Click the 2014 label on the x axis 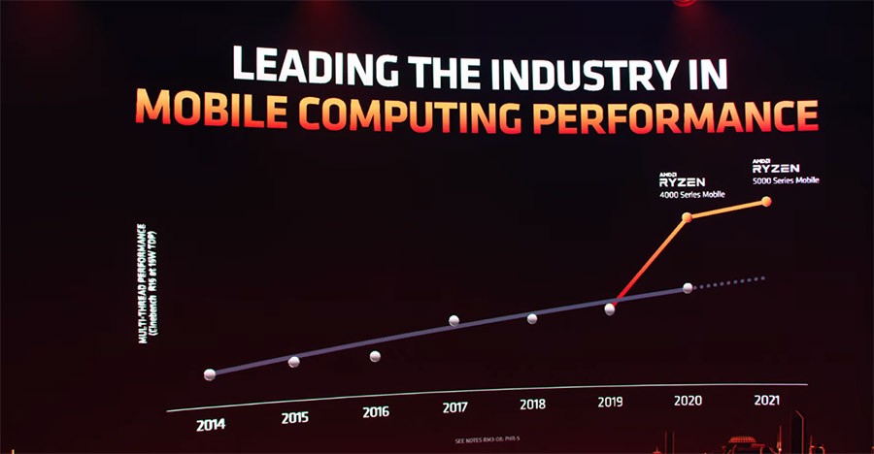tap(211, 424)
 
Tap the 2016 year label tap(376, 411)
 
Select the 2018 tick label tap(533, 404)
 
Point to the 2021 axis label tap(767, 398)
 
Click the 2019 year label tap(611, 401)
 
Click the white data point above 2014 tap(210, 374)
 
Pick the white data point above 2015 tap(294, 362)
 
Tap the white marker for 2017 tap(454, 321)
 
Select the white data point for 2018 tap(532, 318)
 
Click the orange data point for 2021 tap(766, 202)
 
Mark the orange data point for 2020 tap(688, 217)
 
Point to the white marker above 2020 tap(688, 288)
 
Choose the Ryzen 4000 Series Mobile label tap(685, 183)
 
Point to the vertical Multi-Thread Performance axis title tap(148, 283)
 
